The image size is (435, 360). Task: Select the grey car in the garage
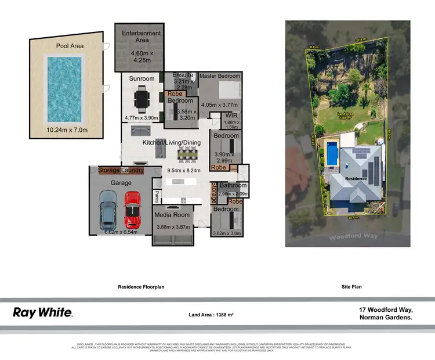click(108, 211)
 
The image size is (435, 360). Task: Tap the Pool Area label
click(70, 45)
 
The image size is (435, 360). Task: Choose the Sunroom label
click(142, 78)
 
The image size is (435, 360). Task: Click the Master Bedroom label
click(220, 76)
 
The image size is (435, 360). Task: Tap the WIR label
click(231, 116)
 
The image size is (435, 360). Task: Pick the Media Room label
click(172, 214)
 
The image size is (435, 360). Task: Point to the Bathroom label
click(233, 186)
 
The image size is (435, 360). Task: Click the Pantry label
click(157, 197)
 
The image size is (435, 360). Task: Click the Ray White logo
click(42, 312)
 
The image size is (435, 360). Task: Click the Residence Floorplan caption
click(142, 287)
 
